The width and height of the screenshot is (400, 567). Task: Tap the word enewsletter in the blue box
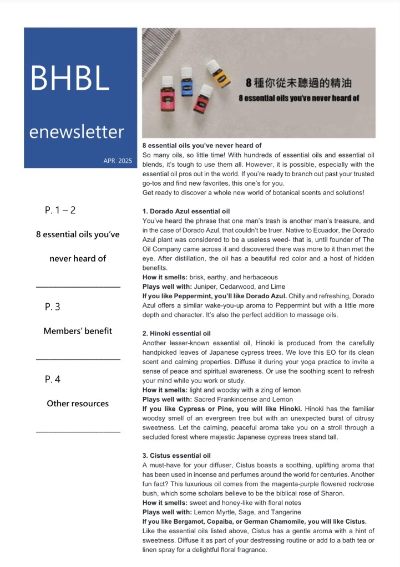coord(77,132)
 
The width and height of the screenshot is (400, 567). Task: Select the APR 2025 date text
coord(118,161)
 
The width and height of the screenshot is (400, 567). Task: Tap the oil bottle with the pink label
coord(166,100)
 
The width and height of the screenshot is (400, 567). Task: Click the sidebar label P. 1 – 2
coord(60,210)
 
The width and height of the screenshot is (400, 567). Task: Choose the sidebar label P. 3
coord(53,307)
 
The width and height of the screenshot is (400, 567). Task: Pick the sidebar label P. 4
coord(53,379)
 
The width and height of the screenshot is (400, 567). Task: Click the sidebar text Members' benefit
coord(78,331)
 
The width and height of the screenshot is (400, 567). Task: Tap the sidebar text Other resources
coord(78,403)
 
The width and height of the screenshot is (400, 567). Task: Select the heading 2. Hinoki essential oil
coord(176,334)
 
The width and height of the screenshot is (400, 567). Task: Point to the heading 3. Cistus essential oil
coord(176,456)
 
